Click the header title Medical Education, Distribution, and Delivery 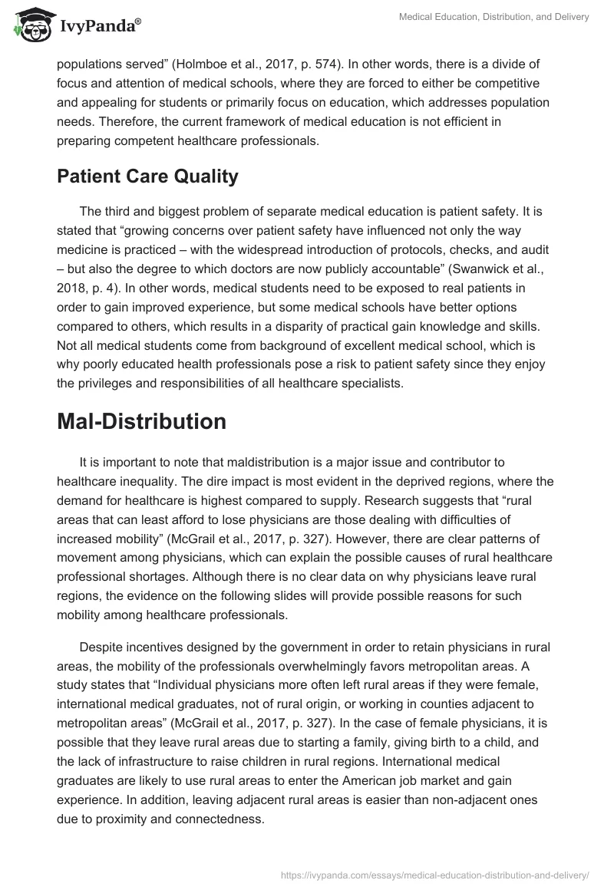494,18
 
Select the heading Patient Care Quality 147,176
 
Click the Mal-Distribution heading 141,421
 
